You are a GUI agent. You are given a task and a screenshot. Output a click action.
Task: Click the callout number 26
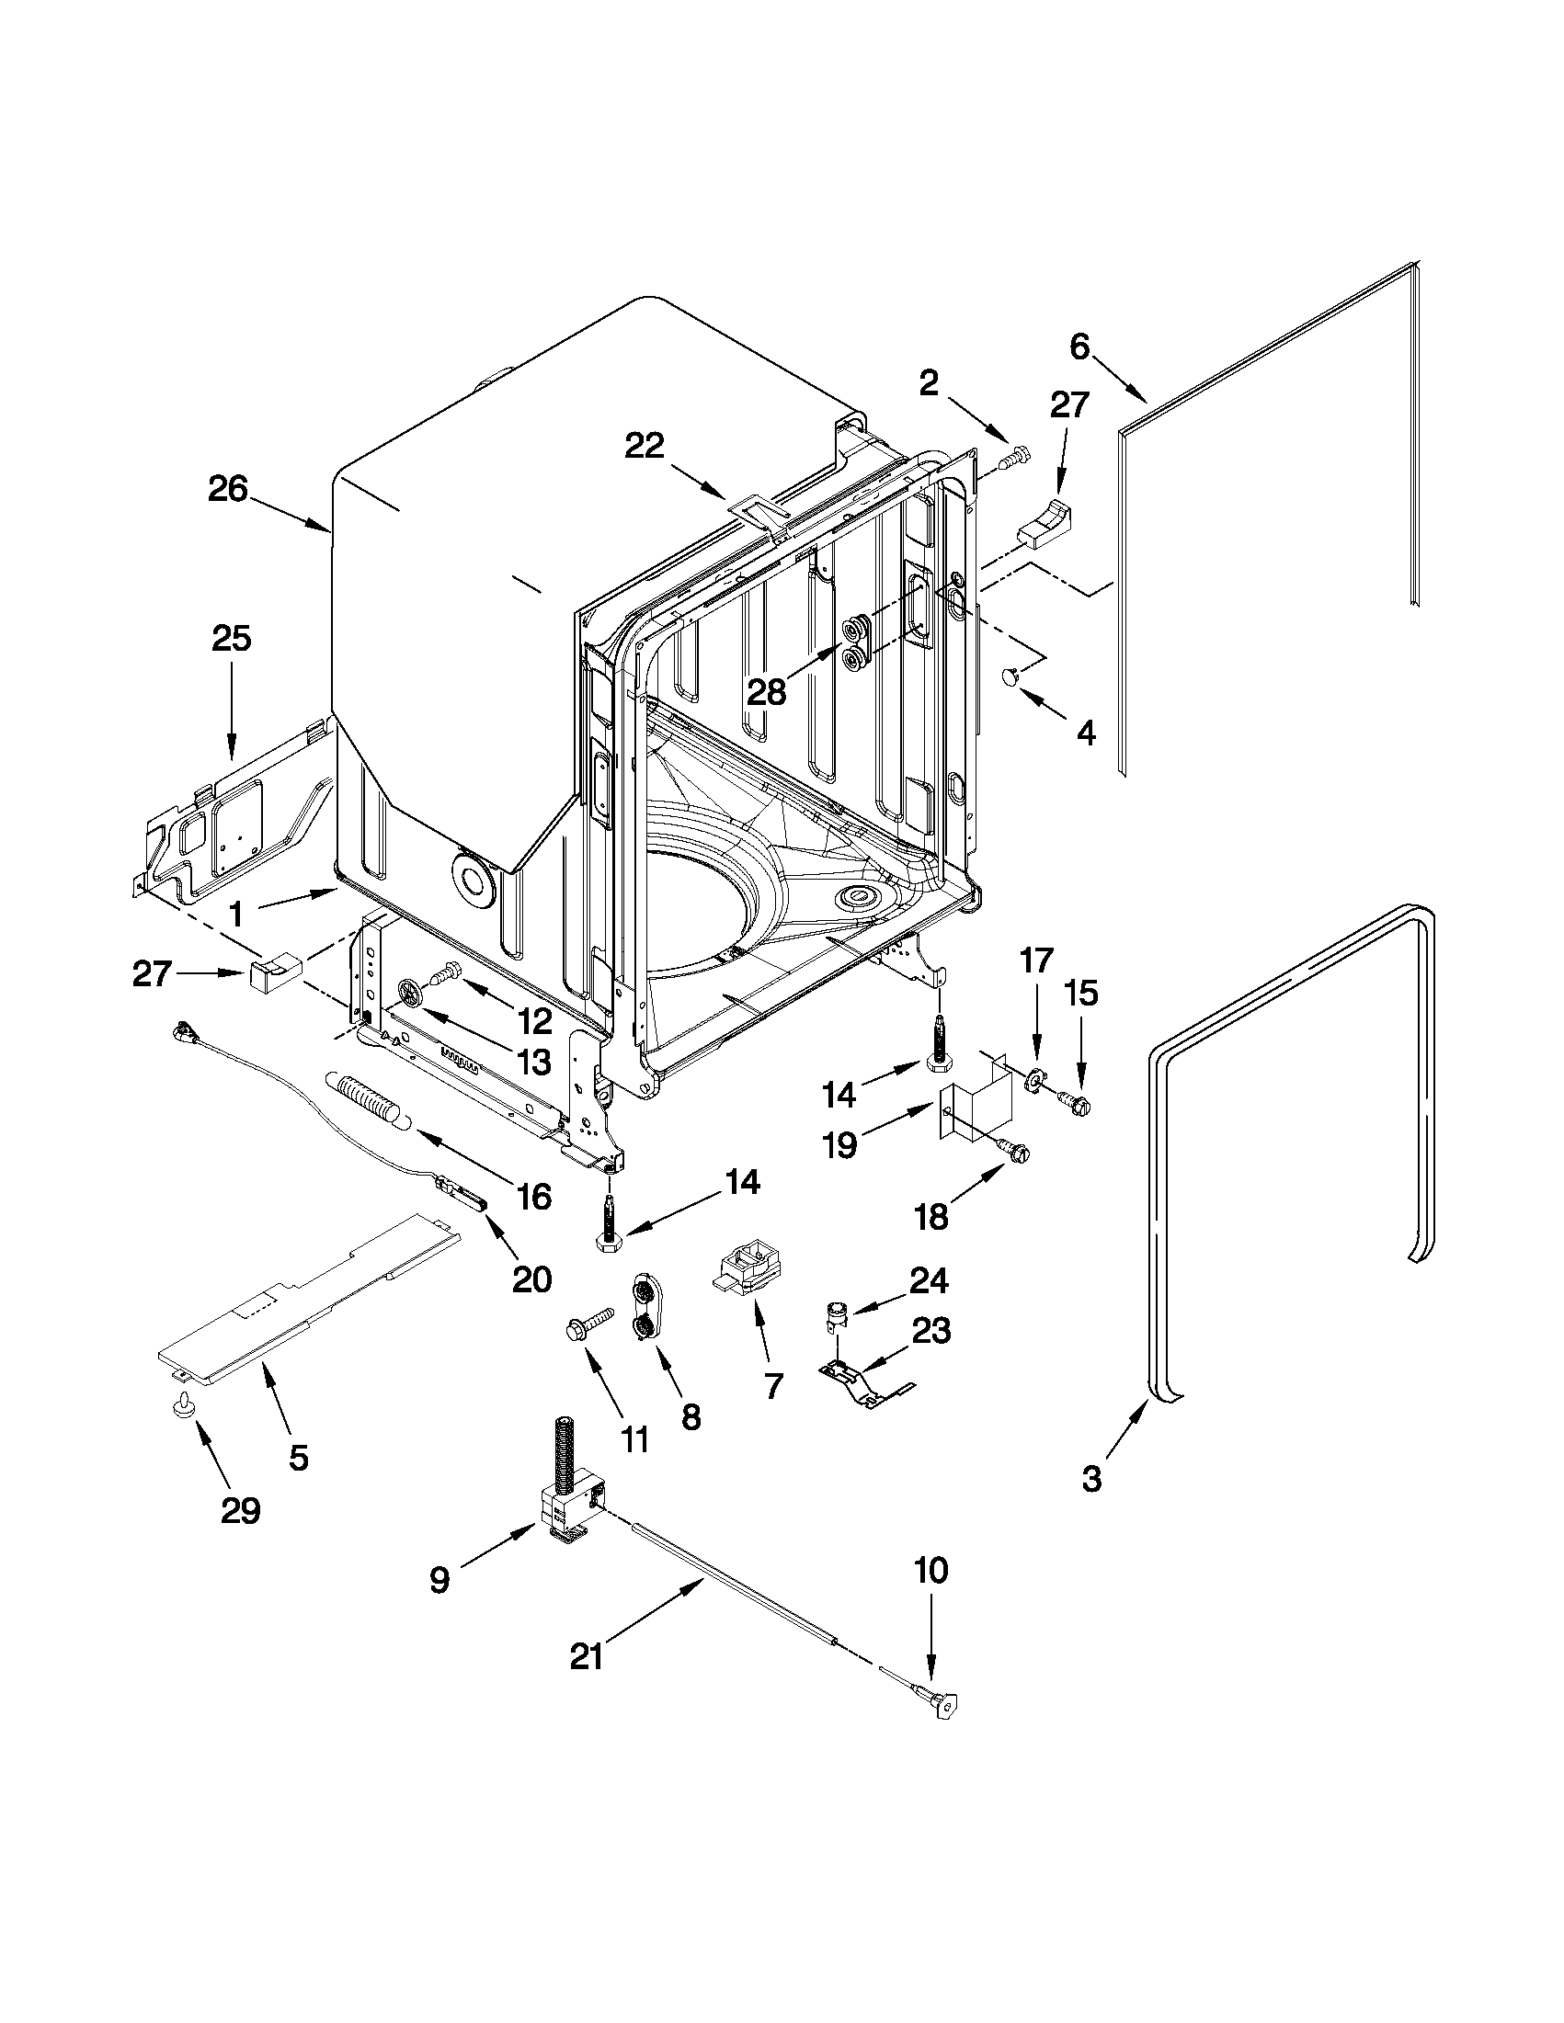228,489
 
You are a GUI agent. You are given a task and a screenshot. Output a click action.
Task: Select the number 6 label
1079,347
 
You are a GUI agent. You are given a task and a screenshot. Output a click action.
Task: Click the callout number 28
767,692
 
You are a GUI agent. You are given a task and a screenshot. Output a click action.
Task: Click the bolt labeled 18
1012,1150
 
